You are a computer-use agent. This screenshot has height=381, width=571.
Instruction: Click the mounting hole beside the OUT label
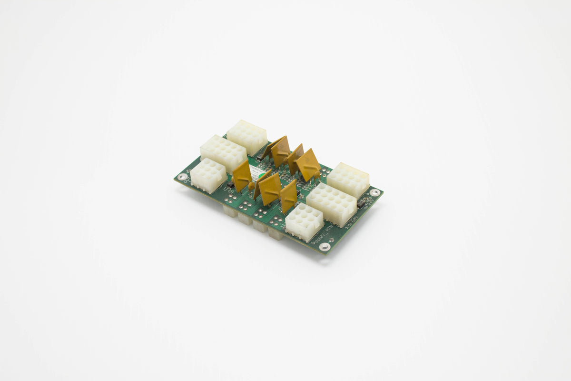point(182,177)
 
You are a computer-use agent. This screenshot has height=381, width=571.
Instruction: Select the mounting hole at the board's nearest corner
point(325,247)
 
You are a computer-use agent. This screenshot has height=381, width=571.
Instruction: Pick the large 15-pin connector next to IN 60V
point(332,204)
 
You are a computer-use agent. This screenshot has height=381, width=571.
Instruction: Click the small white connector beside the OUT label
point(208,175)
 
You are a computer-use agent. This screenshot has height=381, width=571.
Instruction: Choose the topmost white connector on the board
point(247,137)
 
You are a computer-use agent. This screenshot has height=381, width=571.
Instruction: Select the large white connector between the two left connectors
point(223,153)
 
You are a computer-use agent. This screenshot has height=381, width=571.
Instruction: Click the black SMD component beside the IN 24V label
point(362,202)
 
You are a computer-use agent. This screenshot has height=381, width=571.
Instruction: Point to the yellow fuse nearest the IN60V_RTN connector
point(288,196)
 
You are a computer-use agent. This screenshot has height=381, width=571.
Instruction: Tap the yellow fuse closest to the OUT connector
point(242,175)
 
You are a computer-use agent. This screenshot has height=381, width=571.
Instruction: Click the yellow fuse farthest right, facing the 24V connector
point(308,165)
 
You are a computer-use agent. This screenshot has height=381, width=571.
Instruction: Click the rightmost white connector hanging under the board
point(275,233)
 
